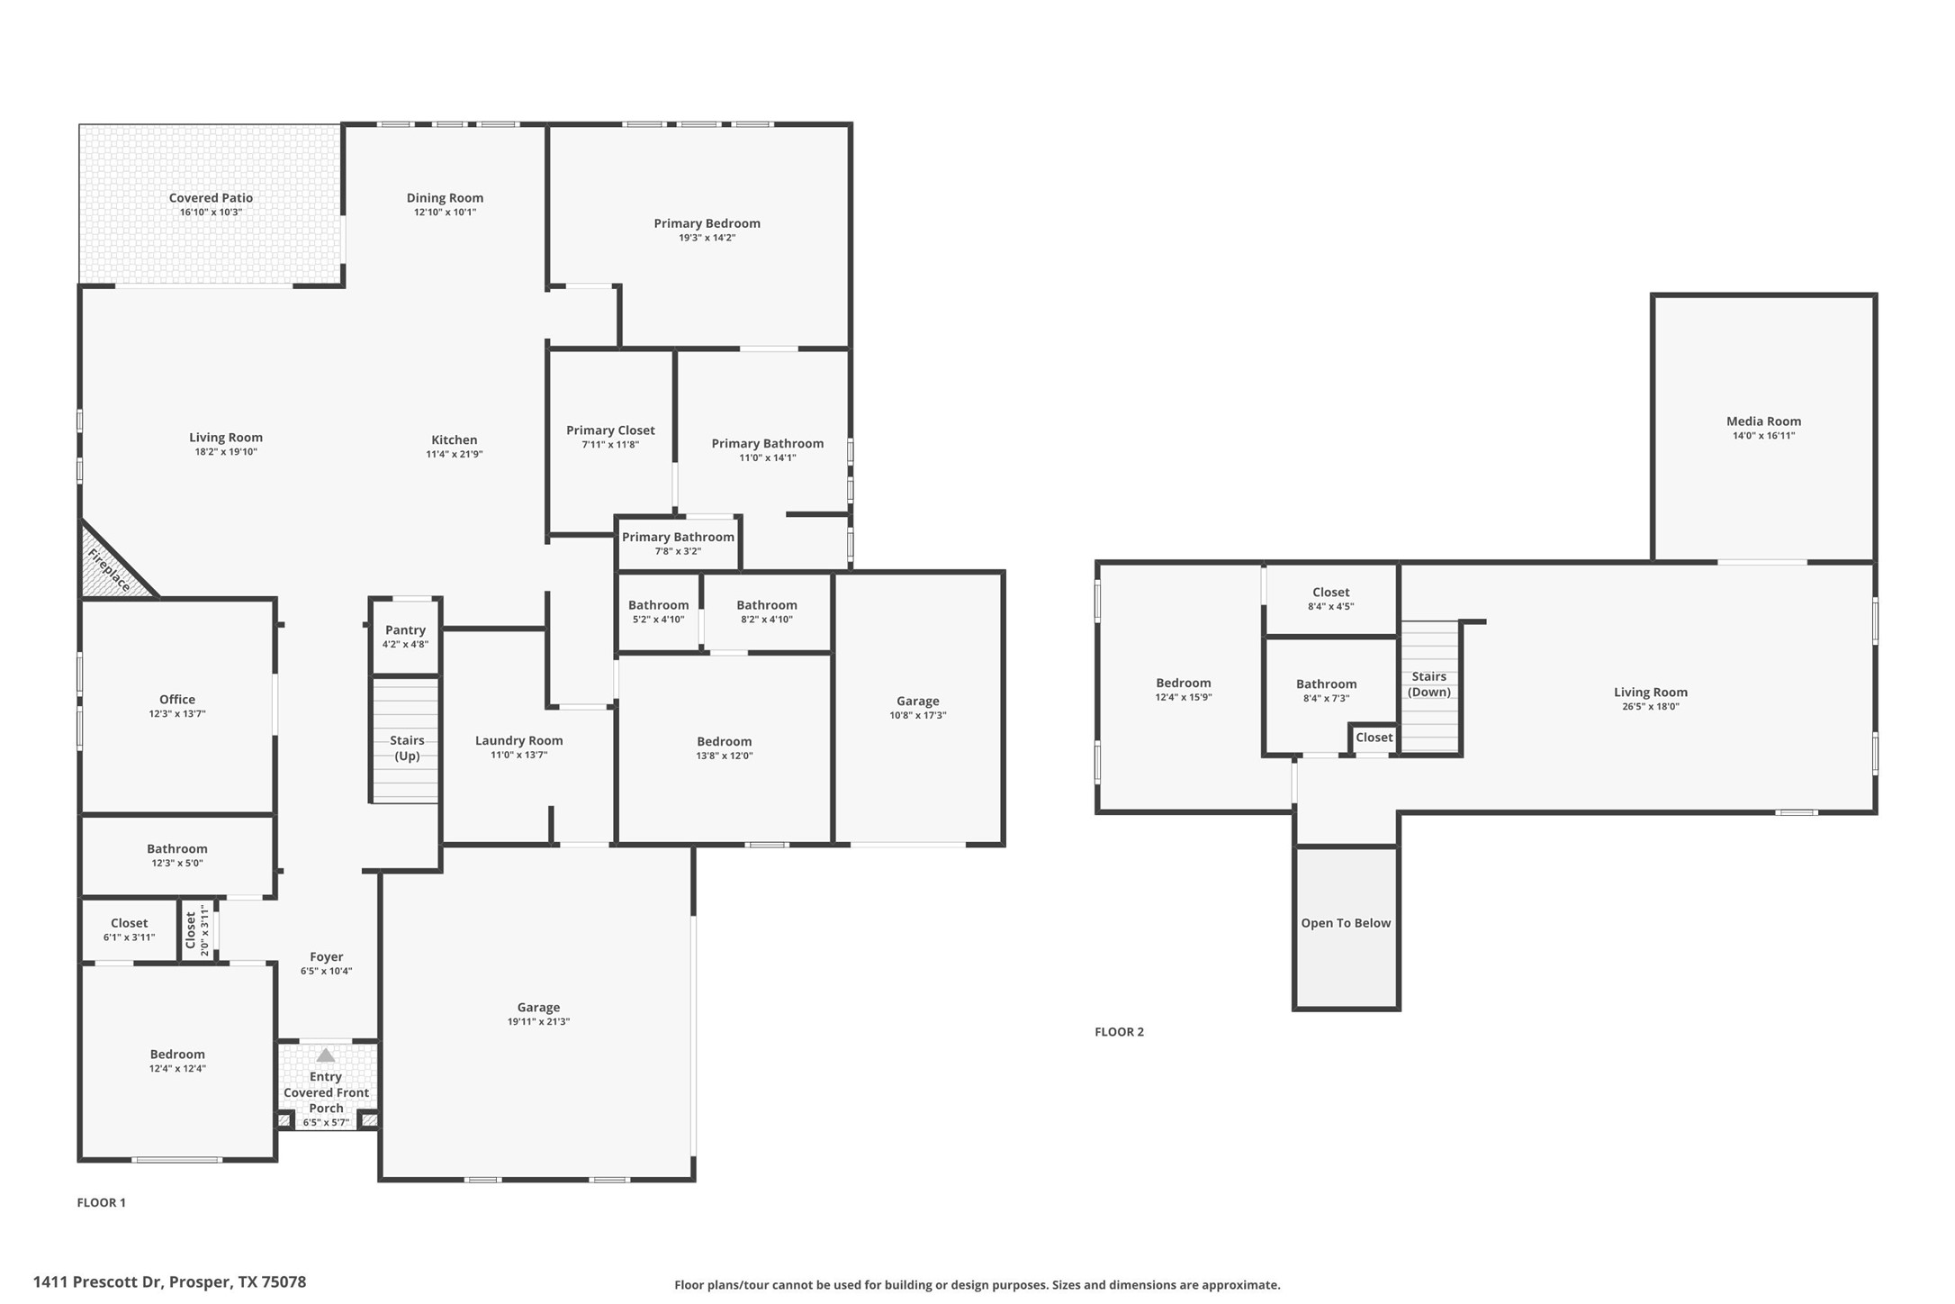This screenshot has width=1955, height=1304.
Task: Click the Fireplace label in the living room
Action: pyautogui.click(x=110, y=571)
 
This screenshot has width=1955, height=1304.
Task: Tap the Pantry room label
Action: pyautogui.click(x=405, y=630)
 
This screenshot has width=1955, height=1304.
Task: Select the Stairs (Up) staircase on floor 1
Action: pyautogui.click(x=406, y=747)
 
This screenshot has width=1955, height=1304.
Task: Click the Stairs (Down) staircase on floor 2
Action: pyautogui.click(x=1429, y=684)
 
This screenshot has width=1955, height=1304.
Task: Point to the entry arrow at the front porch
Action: pyautogui.click(x=326, y=1055)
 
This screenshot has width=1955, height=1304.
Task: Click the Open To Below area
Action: pyautogui.click(x=1346, y=923)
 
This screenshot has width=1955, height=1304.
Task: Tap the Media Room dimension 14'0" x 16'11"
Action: pyautogui.click(x=1763, y=436)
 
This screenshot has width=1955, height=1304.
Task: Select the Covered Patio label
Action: pyautogui.click(x=211, y=198)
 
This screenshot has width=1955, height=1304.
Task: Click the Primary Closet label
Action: pyautogui.click(x=610, y=430)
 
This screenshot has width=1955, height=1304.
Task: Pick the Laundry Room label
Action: pyautogui.click(x=518, y=741)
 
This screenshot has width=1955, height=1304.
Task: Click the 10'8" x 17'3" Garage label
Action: pyautogui.click(x=917, y=702)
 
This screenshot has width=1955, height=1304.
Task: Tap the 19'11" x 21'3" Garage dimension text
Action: pyautogui.click(x=538, y=1022)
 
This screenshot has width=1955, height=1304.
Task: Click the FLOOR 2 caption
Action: pyautogui.click(x=1119, y=1032)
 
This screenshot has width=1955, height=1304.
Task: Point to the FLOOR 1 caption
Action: pyautogui.click(x=101, y=1202)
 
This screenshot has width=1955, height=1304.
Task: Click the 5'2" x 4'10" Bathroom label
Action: pyautogui.click(x=658, y=606)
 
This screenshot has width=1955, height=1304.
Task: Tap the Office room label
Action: pyautogui.click(x=177, y=700)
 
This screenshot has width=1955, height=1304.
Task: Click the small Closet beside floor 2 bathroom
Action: pyautogui.click(x=1374, y=738)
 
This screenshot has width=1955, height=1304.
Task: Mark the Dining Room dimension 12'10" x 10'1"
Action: pyautogui.click(x=445, y=213)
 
